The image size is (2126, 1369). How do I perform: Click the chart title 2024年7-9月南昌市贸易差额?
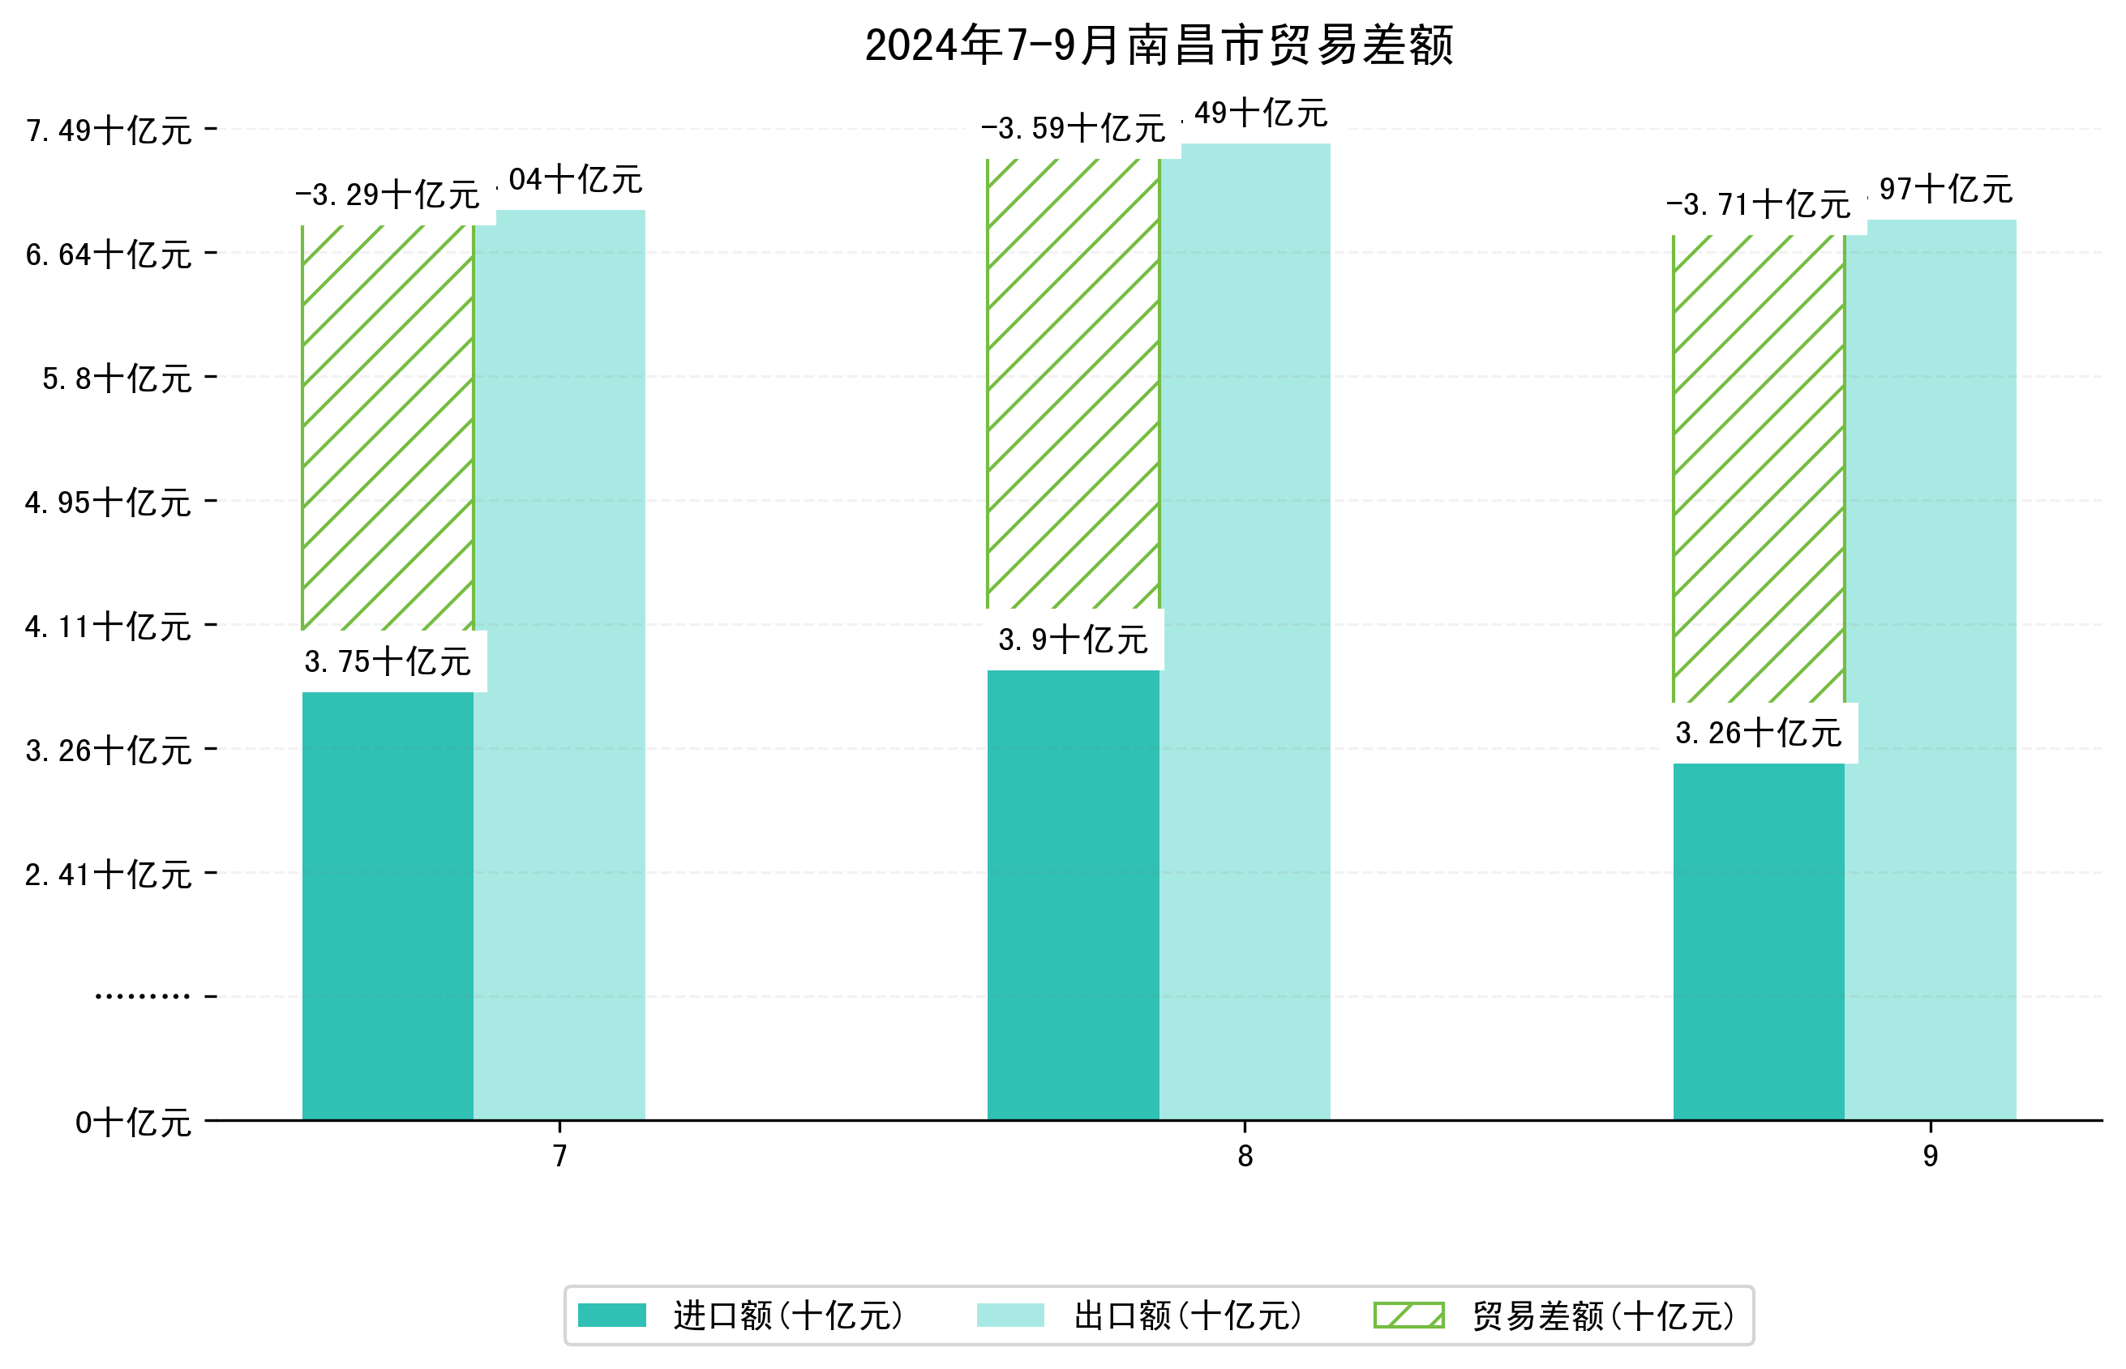point(1158,46)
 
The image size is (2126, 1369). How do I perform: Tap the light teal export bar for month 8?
point(1245,631)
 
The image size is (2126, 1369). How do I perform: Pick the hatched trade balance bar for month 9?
point(1758,468)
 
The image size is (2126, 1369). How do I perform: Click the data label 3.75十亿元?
point(388,662)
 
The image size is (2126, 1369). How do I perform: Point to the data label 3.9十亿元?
point(1073,640)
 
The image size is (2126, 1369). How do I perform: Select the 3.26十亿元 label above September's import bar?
point(1758,734)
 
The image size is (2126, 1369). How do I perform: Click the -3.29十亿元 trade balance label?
point(388,195)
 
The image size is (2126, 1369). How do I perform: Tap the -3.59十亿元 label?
point(1073,129)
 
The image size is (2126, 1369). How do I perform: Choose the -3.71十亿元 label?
point(1758,205)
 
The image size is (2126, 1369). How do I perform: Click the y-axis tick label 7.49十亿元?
point(109,130)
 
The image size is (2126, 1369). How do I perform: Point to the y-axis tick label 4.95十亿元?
point(109,503)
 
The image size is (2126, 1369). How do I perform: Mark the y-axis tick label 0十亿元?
point(133,1123)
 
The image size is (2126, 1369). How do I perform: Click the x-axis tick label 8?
point(1245,1156)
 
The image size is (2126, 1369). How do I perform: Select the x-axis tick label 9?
point(1930,1156)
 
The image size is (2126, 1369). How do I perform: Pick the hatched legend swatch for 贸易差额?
point(1408,1315)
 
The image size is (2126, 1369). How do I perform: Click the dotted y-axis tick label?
point(142,996)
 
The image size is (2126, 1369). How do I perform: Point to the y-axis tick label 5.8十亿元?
point(118,379)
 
